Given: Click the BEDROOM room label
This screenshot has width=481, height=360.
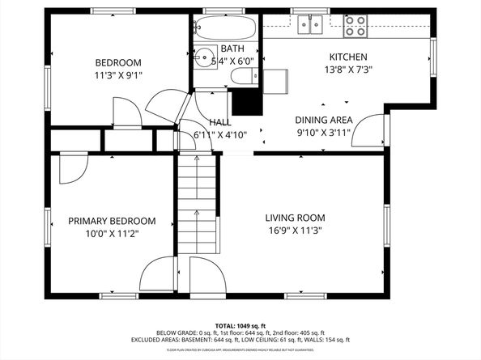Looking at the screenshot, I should click(118, 63).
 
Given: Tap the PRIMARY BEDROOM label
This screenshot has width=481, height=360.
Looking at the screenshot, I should click(112, 221).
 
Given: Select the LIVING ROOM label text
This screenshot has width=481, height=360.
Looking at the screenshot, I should click(296, 218).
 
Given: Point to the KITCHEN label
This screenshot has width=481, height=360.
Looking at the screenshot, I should click(347, 57).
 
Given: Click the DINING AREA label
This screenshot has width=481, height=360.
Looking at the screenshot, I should click(323, 119).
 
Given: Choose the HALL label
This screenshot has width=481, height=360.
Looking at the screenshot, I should click(219, 122).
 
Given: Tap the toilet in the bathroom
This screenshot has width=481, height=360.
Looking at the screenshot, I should click(243, 77).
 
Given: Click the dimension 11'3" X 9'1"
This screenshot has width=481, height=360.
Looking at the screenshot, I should click(118, 77).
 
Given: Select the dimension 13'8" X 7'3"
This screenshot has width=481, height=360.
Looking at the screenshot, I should click(347, 70).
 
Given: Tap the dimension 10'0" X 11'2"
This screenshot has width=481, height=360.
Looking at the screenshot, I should click(112, 235).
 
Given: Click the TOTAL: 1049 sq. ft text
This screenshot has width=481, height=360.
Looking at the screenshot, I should click(240, 323).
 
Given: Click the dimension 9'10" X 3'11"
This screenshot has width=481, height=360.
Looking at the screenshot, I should click(323, 133).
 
